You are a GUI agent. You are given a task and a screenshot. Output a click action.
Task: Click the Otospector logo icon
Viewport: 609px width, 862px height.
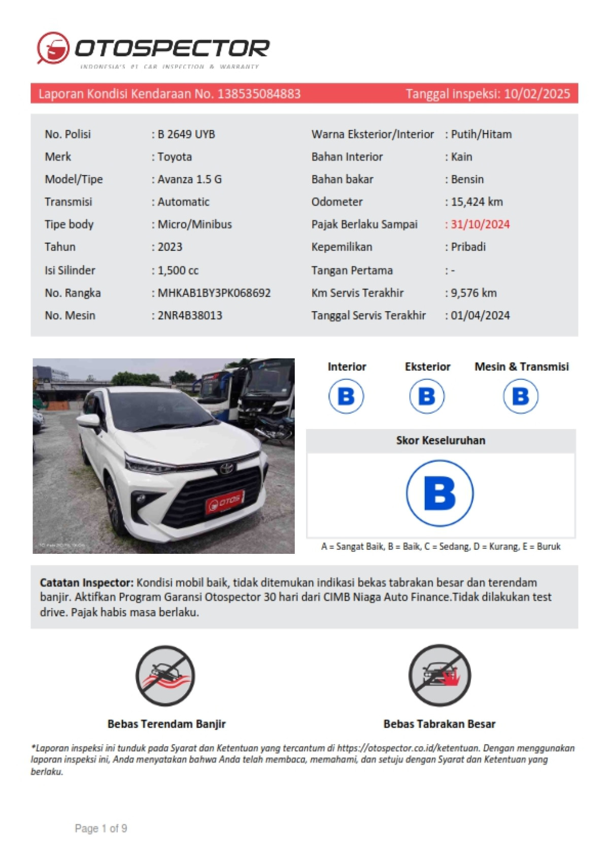pyautogui.click(x=53, y=48)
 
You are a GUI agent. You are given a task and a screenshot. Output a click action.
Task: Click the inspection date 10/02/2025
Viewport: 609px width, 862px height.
pyautogui.click(x=537, y=94)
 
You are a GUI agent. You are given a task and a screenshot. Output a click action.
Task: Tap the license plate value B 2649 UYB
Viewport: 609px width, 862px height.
pyautogui.click(x=186, y=135)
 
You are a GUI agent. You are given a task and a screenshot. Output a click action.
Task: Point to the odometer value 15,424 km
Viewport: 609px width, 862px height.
pyautogui.click(x=477, y=202)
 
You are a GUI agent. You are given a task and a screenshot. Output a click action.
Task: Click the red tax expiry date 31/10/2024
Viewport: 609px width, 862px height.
pyautogui.click(x=480, y=224)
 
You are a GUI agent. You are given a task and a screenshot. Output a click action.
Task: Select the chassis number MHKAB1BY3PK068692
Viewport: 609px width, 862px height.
pyautogui.click(x=214, y=293)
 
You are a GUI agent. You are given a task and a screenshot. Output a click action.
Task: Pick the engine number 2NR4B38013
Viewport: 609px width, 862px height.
pyautogui.click(x=190, y=315)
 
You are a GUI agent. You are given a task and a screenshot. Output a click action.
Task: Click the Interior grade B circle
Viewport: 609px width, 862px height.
pyautogui.click(x=346, y=396)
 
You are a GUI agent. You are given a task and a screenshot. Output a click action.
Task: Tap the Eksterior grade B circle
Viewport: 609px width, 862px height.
pyautogui.click(x=427, y=396)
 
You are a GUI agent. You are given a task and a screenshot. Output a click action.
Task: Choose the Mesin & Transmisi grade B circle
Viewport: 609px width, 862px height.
pyautogui.click(x=521, y=396)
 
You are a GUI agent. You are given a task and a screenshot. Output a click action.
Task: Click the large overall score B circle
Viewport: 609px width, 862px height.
pyautogui.click(x=440, y=493)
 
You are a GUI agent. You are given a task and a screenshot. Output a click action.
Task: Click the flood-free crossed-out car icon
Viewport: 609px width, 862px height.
pyautogui.click(x=165, y=676)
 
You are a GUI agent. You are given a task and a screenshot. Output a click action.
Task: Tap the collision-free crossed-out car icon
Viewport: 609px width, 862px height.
pyautogui.click(x=439, y=675)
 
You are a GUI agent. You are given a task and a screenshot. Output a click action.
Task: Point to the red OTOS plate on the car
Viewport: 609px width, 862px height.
pyautogui.click(x=225, y=502)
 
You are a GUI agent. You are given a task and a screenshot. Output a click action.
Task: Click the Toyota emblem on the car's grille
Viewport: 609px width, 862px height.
pyautogui.click(x=226, y=468)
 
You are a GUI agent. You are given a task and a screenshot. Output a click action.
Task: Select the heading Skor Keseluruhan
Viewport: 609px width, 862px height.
pyautogui.click(x=441, y=441)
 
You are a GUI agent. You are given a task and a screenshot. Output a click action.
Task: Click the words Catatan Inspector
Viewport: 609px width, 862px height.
pyautogui.click(x=86, y=583)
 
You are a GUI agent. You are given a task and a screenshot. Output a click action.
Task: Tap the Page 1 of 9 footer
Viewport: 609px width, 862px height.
pyautogui.click(x=101, y=828)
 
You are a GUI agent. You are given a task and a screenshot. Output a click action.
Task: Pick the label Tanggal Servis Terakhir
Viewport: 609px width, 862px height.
pyautogui.click(x=368, y=315)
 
